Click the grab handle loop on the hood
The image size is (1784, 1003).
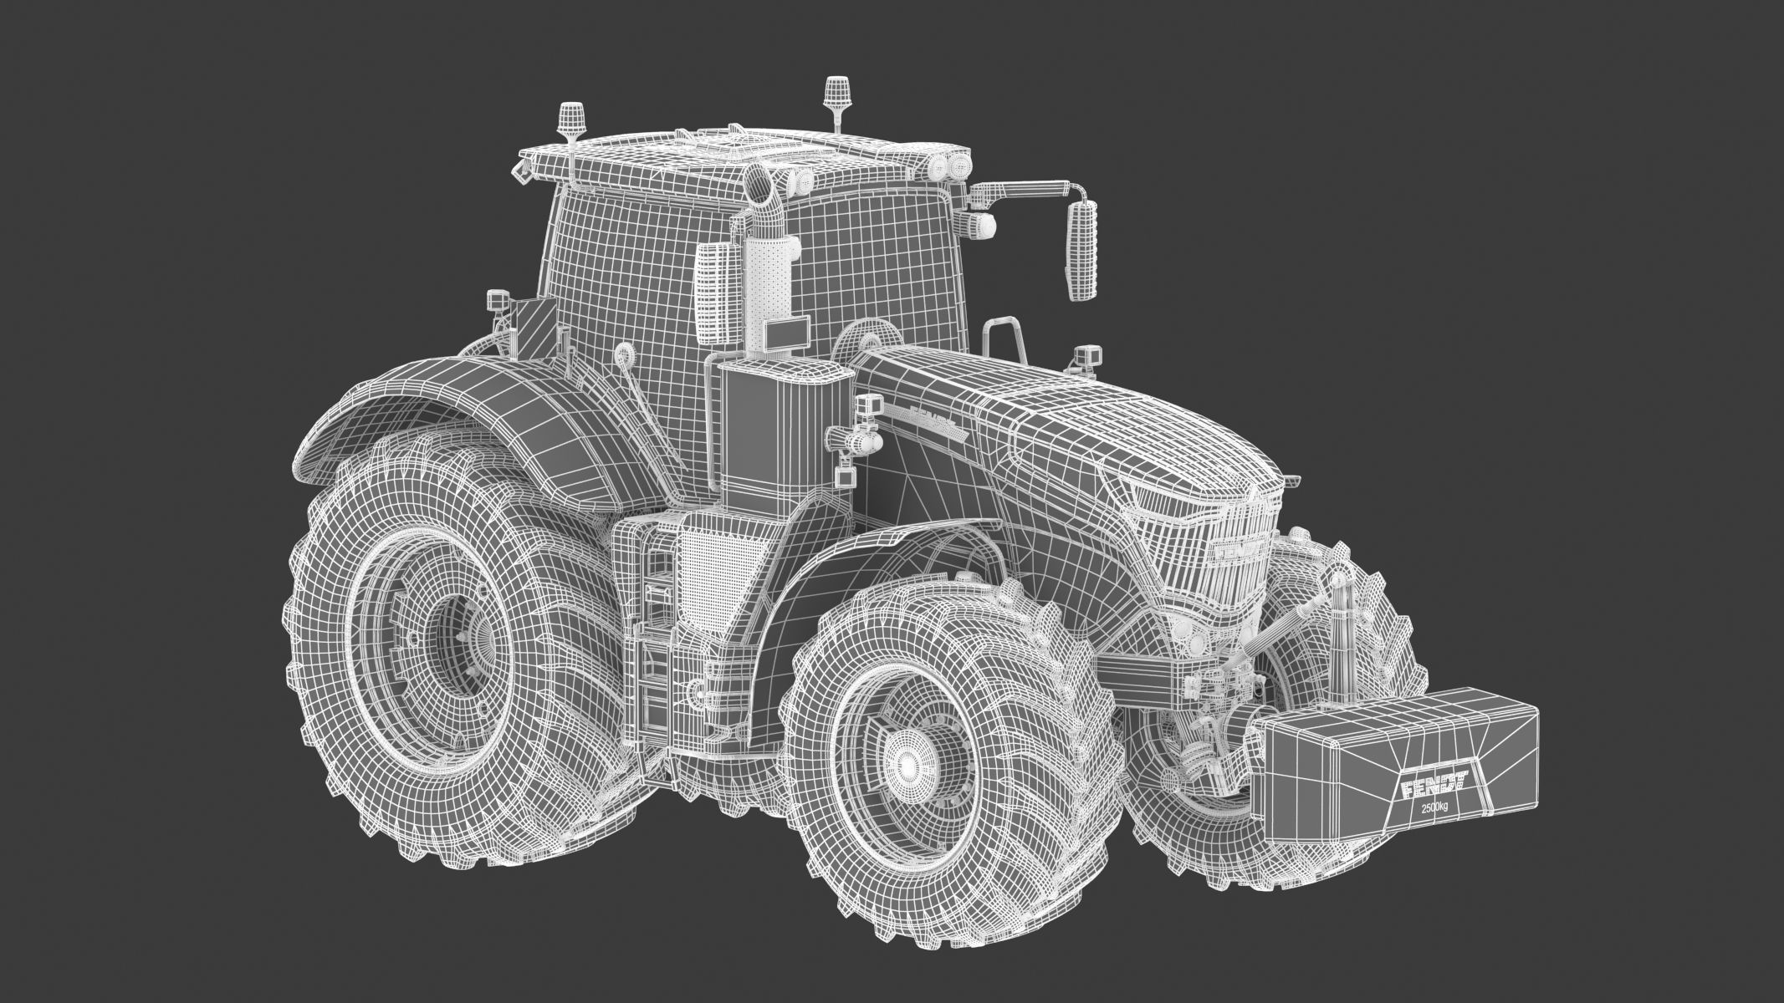pos(1002,339)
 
